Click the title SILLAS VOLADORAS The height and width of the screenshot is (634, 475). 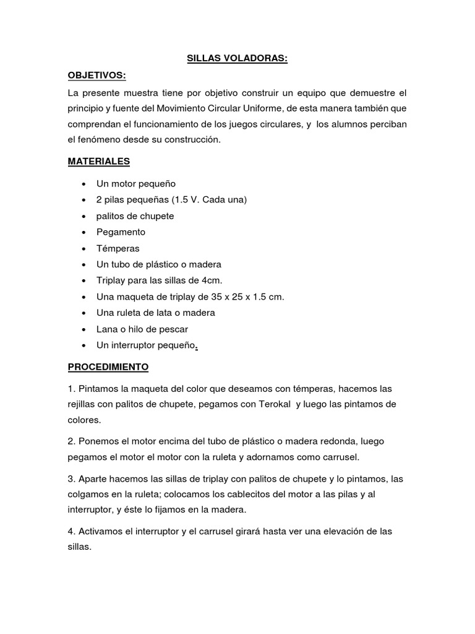237,59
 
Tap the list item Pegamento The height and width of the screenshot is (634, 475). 121,232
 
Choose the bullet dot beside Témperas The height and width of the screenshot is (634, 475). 82,249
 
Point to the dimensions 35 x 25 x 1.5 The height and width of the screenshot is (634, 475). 238,297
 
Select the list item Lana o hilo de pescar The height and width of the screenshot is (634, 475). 142,329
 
